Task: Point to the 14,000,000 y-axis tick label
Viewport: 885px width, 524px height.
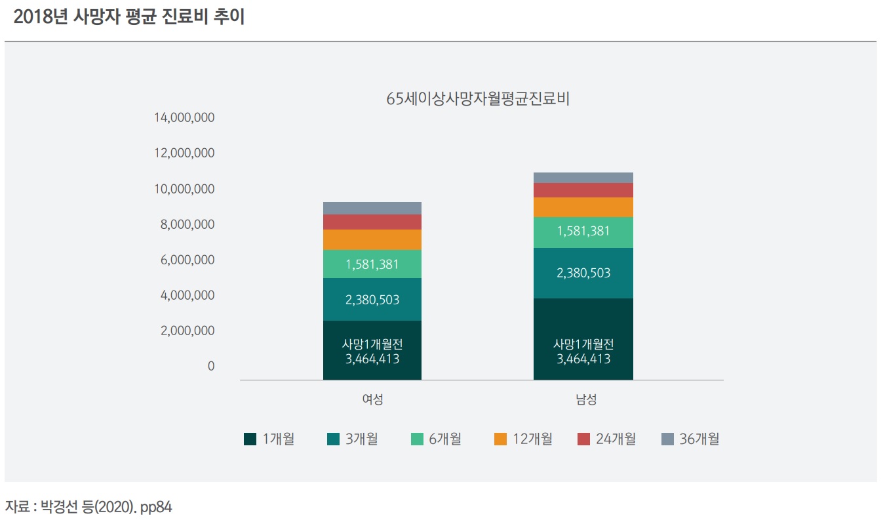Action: click(x=184, y=118)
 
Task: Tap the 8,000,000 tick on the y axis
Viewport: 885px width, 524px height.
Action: click(x=187, y=224)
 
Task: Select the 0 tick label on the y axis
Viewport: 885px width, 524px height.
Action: click(x=210, y=366)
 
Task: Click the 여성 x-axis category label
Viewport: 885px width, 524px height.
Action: click(x=372, y=399)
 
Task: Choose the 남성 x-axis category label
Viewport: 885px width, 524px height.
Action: click(x=583, y=399)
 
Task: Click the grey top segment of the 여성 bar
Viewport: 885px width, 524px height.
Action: click(x=372, y=208)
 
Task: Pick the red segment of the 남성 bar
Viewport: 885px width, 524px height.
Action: click(x=583, y=190)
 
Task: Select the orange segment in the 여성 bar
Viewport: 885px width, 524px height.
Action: click(x=372, y=239)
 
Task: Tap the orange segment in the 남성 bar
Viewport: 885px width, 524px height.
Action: click(x=583, y=207)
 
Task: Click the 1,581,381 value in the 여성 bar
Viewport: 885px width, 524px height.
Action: click(x=372, y=264)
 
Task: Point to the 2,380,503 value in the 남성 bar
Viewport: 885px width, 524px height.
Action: click(x=583, y=273)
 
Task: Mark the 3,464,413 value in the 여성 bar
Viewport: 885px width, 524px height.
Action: click(x=372, y=359)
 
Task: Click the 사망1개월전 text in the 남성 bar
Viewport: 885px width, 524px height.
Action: click(x=583, y=344)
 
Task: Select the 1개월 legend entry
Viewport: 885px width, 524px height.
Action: click(x=269, y=439)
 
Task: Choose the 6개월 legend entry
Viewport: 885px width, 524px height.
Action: click(x=436, y=439)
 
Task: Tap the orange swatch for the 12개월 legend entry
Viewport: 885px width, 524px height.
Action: click(x=501, y=439)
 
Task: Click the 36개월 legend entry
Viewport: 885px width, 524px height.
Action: click(x=690, y=439)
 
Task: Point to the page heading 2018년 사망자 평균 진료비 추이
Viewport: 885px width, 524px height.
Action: click(x=128, y=18)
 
